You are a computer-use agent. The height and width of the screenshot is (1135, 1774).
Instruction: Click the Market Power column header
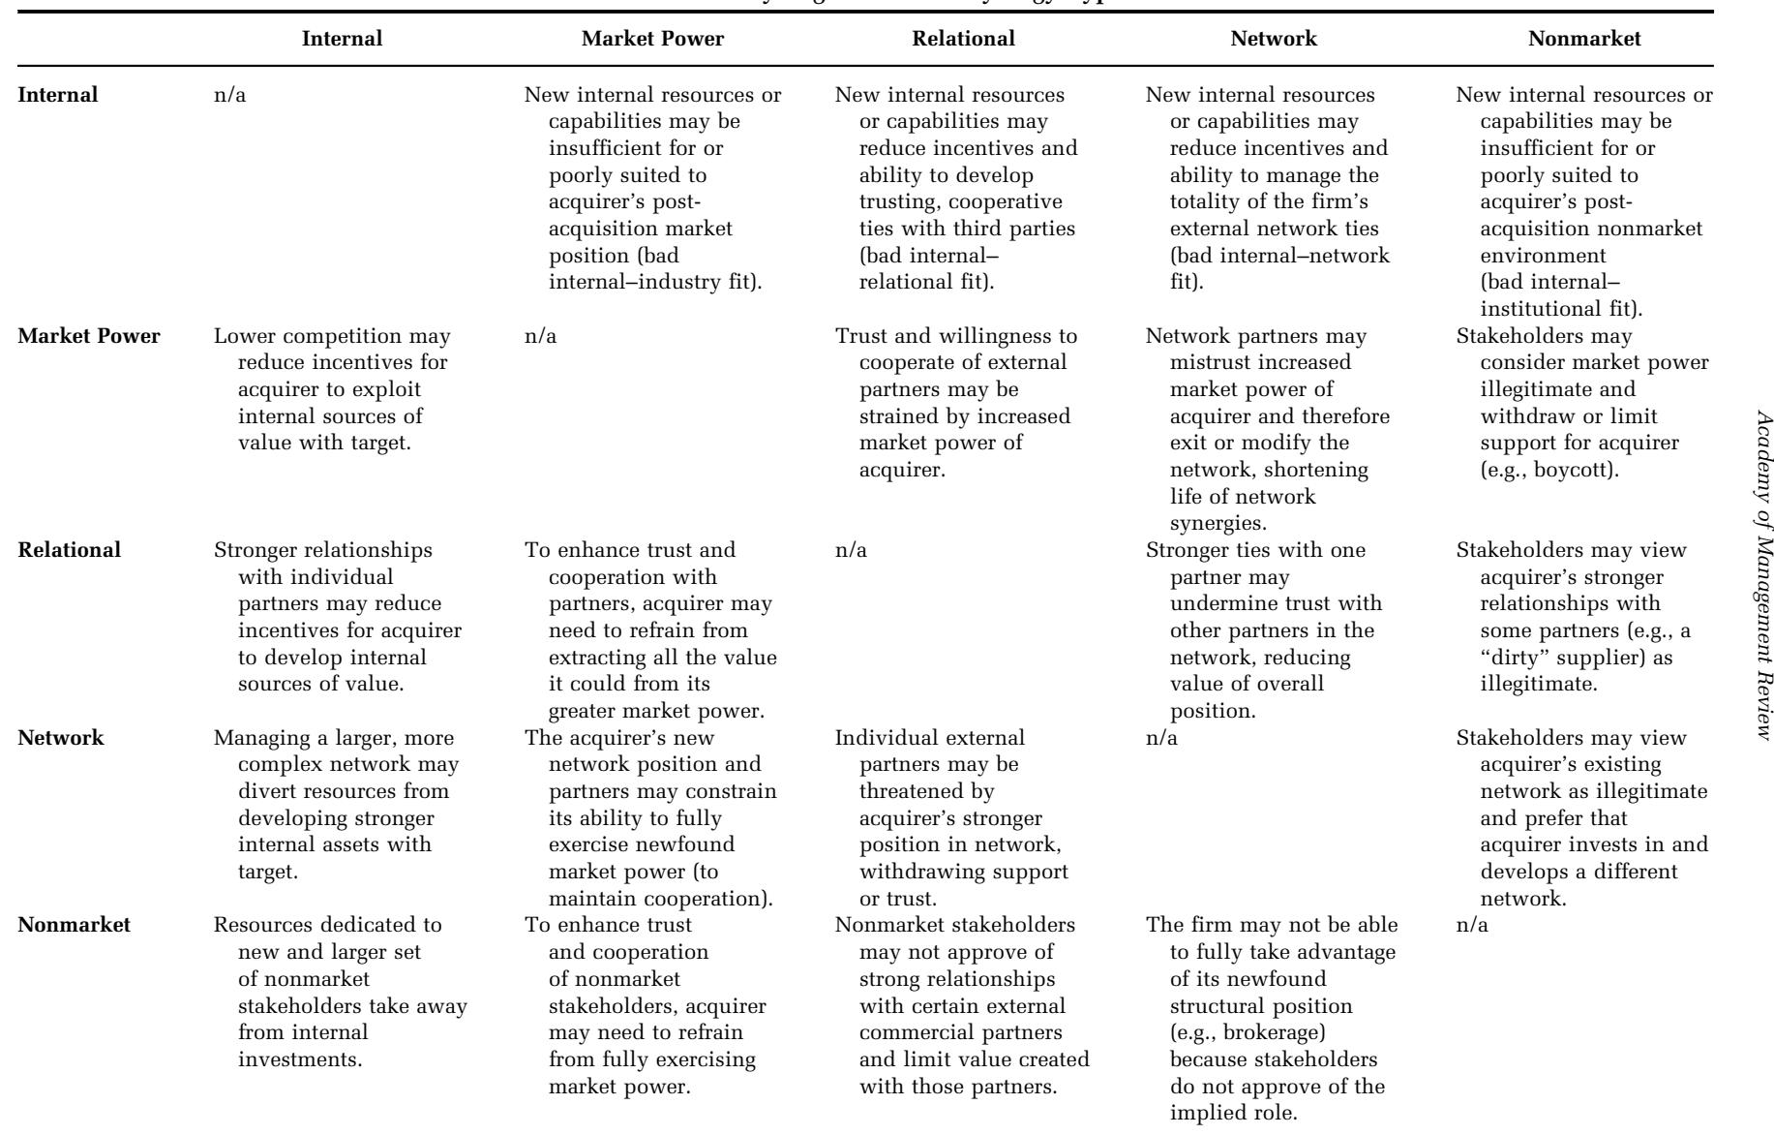[x=652, y=39]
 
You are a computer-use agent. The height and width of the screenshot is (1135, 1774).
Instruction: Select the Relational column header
[x=963, y=39]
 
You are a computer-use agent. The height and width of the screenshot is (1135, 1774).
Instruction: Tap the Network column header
[x=1274, y=39]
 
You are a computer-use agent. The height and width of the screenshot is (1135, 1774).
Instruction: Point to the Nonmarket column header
[x=1584, y=39]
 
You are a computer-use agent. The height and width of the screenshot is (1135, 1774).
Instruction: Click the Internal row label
[x=58, y=95]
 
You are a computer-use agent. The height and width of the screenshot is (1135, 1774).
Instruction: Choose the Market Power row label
[x=89, y=337]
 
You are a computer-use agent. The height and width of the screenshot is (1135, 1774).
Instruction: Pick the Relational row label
[x=70, y=550]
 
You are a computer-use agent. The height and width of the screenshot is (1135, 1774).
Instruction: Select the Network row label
[x=61, y=737]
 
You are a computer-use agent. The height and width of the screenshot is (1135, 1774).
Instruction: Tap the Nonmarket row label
[x=74, y=924]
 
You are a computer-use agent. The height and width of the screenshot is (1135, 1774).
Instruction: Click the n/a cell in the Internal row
[x=229, y=95]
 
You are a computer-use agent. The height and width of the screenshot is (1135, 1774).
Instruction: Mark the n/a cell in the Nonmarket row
[x=1472, y=924]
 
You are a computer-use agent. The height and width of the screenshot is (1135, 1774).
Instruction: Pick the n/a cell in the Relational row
[x=851, y=550]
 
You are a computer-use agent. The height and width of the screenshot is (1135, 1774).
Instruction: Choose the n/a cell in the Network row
[x=1161, y=737]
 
